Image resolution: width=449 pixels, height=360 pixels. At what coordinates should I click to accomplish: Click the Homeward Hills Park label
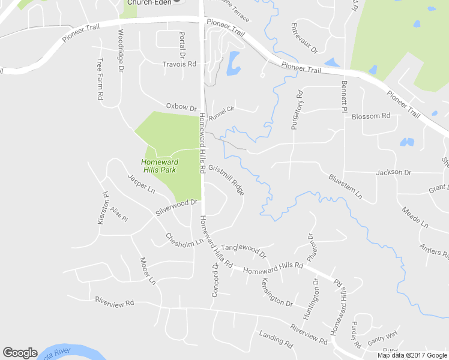[160, 166]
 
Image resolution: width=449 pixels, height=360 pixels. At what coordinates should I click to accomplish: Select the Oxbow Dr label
[181, 108]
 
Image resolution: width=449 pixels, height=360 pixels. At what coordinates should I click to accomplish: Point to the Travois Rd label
[179, 64]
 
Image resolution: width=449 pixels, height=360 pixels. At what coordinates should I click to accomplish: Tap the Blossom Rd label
[371, 116]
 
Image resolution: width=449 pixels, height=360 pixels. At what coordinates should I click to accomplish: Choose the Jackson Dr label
[393, 173]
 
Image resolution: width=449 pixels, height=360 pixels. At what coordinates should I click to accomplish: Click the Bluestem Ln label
[346, 187]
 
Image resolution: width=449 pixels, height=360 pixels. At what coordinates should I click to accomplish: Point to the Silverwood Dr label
[176, 208]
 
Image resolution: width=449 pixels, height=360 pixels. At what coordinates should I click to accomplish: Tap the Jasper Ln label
[142, 184]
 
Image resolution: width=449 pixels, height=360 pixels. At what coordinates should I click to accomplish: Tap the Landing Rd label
[276, 340]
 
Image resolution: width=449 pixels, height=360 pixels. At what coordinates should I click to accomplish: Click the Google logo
[20, 353]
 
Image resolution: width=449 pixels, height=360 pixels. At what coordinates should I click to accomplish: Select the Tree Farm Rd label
[100, 79]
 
